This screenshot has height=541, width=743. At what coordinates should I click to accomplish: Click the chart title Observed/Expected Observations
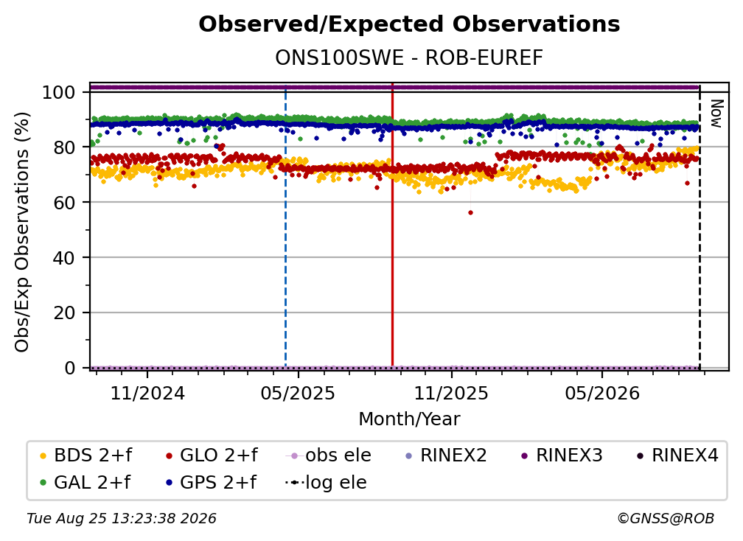point(409,24)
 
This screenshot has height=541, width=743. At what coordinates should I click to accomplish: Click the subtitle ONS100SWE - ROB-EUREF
point(409,58)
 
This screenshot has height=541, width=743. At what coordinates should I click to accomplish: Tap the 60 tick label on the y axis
point(64,202)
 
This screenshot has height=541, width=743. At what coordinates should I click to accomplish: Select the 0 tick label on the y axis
point(70,368)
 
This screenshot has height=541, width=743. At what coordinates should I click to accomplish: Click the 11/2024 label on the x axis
point(147,394)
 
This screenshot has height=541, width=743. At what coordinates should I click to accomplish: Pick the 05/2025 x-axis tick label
point(298,394)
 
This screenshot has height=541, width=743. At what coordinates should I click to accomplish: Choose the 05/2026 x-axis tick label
point(601,394)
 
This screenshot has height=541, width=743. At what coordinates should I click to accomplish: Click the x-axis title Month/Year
point(409,419)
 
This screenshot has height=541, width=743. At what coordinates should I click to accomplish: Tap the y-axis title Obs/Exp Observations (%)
point(22,232)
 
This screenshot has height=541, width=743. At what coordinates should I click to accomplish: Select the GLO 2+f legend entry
point(212,456)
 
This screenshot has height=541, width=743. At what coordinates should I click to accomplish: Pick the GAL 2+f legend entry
point(85,482)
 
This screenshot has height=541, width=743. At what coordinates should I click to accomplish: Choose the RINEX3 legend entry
point(562,456)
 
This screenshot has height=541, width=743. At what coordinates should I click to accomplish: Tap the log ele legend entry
point(326,482)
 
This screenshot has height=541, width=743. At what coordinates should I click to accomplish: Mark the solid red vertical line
point(392,225)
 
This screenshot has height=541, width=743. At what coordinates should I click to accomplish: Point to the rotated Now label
point(716,114)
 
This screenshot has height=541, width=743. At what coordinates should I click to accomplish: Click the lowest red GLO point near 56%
point(470,213)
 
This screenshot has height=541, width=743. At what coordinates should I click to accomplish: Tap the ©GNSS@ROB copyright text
point(666,518)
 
